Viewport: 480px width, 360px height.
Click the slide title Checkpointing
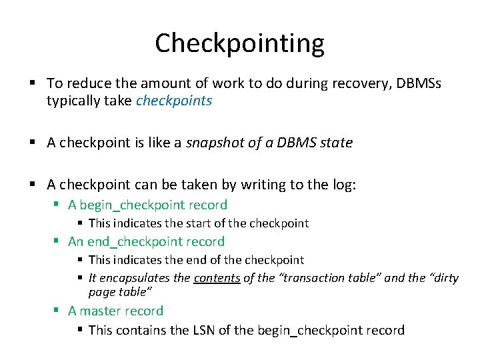pos(240,43)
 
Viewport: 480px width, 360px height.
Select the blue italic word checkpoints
pos(174,101)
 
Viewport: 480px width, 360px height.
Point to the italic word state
pos(335,143)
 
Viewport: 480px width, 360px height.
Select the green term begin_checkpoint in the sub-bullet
pos(135,205)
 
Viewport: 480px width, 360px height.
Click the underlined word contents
pos(217,277)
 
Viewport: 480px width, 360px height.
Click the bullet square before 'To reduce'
pos(32,83)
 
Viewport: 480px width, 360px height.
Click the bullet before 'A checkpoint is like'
pos(32,143)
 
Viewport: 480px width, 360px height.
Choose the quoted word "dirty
pos(443,277)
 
